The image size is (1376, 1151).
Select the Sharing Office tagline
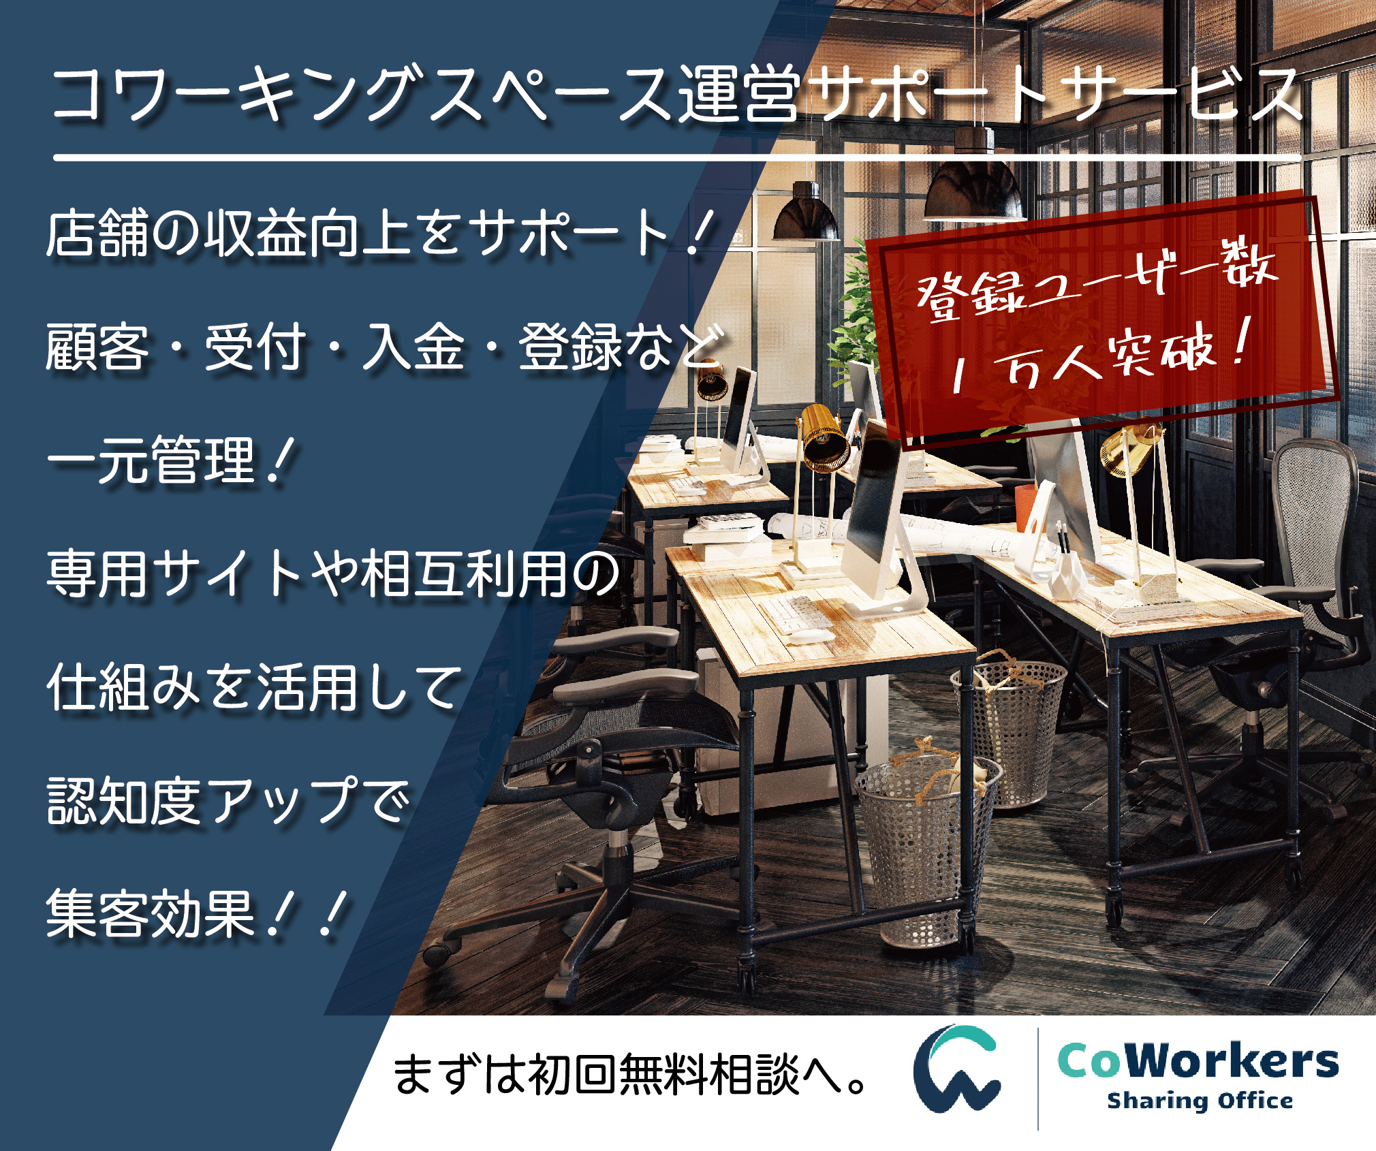click(1200, 1101)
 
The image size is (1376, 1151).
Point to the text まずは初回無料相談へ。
click(631, 1075)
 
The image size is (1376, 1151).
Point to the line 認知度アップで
click(229, 801)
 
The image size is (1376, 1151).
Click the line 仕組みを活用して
click(255, 688)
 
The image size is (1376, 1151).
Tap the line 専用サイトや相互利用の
click(334, 573)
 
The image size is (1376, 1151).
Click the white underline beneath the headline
click(678, 158)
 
